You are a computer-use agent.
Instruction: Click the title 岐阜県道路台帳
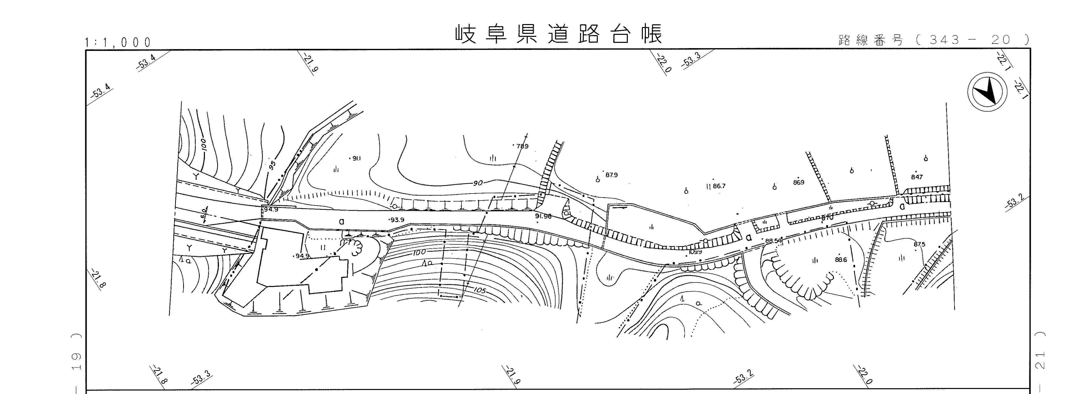click(x=559, y=35)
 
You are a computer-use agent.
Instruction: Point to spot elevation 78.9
click(x=522, y=146)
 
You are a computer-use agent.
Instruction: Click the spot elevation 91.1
click(x=356, y=158)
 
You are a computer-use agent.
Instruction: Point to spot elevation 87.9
click(x=611, y=175)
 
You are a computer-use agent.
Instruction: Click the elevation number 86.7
click(x=719, y=186)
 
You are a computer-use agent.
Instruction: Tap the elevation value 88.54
click(x=773, y=241)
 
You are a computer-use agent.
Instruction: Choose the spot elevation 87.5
click(x=919, y=244)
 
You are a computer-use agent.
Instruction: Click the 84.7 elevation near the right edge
click(x=917, y=177)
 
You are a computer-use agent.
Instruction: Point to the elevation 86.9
click(x=799, y=182)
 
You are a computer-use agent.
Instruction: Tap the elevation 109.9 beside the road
click(x=695, y=252)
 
